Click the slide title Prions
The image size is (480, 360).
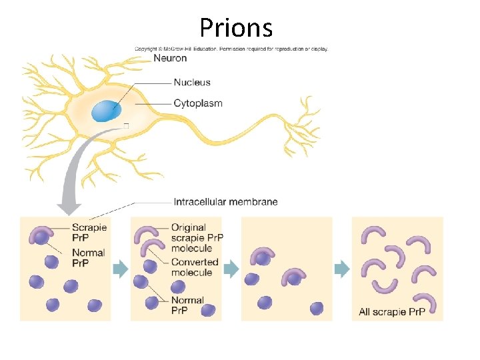236,28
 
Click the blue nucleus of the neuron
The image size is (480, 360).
107,111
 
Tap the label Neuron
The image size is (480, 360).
171,58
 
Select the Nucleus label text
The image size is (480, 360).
192,83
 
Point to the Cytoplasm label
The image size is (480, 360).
198,103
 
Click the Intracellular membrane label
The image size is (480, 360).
225,201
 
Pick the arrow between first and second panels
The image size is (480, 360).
120,269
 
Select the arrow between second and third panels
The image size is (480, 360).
231,269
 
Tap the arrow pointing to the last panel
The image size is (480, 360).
341,269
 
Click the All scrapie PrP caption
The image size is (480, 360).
391,311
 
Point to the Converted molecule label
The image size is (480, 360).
191,267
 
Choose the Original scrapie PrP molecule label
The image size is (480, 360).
197,238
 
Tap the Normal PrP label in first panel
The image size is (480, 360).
88,257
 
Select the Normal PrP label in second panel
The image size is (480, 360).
187,305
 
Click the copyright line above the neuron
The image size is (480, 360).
231,49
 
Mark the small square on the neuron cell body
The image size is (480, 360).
126,126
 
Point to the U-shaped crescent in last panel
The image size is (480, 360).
385,286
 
